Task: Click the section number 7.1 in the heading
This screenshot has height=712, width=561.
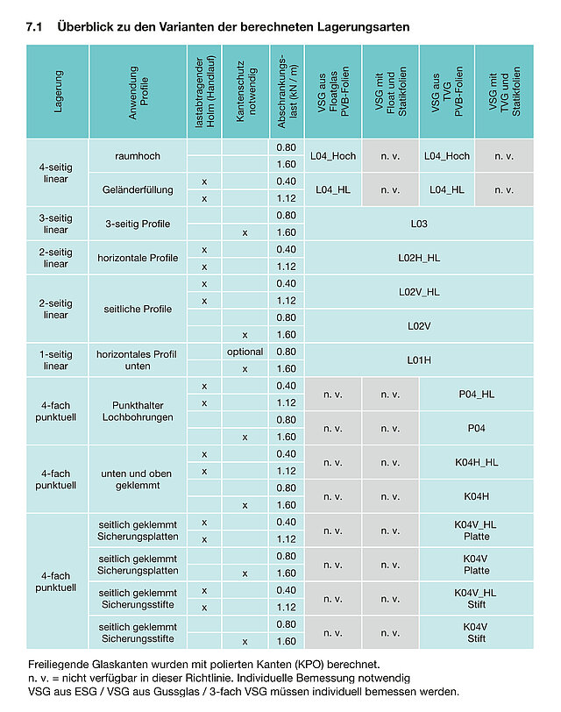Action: [37, 27]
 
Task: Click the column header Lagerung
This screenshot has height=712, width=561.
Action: [58, 92]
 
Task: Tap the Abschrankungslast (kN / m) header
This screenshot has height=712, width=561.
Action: [287, 92]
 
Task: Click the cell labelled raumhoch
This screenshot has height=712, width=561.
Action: [137, 155]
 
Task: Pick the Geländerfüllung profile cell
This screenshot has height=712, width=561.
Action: [137, 189]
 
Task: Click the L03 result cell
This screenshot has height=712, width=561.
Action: [418, 224]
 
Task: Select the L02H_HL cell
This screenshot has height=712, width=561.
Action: [418, 258]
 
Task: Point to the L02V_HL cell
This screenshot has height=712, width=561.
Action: [418, 292]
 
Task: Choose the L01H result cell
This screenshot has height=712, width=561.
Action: [418, 360]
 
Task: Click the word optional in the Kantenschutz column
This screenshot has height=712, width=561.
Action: [245, 352]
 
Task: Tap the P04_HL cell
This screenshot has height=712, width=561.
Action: [476, 395]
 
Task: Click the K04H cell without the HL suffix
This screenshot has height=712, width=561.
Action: [476, 496]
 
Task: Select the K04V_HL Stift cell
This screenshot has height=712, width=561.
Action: [476, 599]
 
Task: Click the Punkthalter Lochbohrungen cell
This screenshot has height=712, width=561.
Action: [137, 411]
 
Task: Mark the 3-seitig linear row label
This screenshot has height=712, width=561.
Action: [56, 224]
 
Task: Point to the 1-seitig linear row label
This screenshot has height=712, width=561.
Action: [56, 360]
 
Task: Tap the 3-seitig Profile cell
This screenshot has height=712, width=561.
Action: [137, 224]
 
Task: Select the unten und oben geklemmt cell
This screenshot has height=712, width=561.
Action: [137, 480]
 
